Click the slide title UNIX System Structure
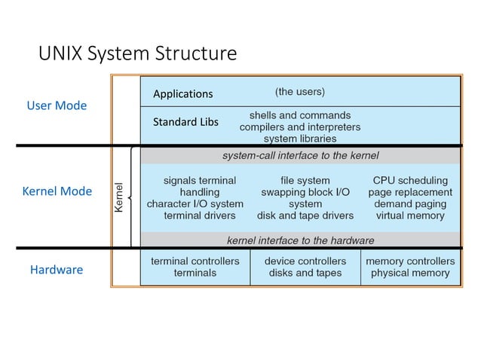tap(137, 53)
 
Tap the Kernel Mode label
tap(57, 191)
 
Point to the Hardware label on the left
tap(56, 269)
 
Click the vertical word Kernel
tap(118, 197)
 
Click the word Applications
tap(182, 94)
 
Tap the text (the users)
tap(299, 92)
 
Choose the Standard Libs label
tap(185, 121)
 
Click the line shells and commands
tap(299, 115)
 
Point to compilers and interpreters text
tap(299, 127)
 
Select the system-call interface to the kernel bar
tap(300, 156)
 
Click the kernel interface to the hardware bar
tap(300, 240)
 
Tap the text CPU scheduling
tap(410, 181)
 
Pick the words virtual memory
tap(410, 215)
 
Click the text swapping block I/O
tap(305, 192)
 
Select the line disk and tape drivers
tap(305, 215)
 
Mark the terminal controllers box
tap(195, 267)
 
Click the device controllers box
tap(305, 267)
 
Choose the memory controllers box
tap(410, 267)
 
